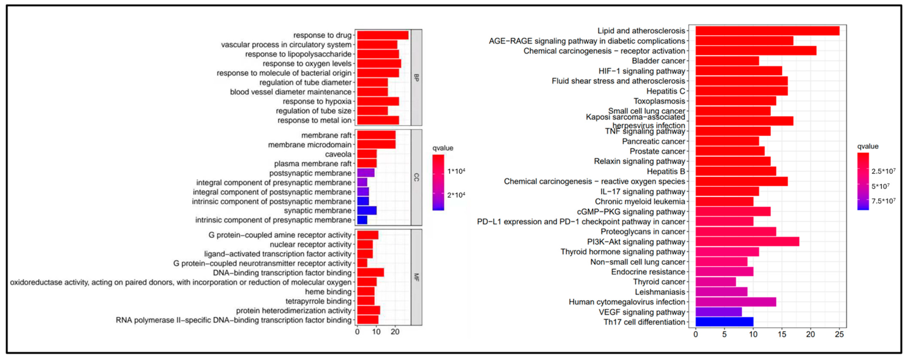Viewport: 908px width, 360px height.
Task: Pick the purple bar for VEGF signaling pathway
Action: tap(718, 312)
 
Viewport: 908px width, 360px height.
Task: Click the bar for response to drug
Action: tap(383, 35)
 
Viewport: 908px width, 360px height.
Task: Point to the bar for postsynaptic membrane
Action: tap(366, 173)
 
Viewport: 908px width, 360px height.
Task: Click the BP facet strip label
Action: tap(416, 78)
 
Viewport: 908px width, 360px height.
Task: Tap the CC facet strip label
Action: tap(416, 177)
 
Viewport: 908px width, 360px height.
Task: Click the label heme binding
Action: tap(328, 292)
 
